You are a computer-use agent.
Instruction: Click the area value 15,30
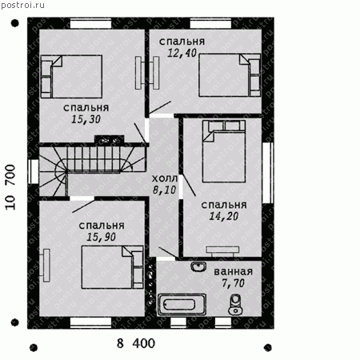[x=86, y=119]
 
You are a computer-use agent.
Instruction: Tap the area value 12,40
[x=182, y=53]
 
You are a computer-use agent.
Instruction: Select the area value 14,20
[x=224, y=216]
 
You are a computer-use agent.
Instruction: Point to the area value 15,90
[x=102, y=237]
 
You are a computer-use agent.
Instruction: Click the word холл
[x=165, y=178]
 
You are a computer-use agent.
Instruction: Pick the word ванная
[x=234, y=271]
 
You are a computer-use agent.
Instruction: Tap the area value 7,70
[x=234, y=283]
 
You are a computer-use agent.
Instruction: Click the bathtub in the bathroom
[x=182, y=305]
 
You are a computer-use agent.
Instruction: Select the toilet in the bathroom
[x=235, y=304]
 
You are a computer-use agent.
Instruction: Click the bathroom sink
[x=198, y=266]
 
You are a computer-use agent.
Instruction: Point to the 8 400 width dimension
[x=136, y=343]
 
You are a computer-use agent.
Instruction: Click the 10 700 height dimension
[x=10, y=187]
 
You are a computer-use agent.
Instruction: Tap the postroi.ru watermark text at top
[x=22, y=5]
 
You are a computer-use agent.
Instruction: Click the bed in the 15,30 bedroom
[x=71, y=77]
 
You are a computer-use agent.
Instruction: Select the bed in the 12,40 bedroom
[x=230, y=75]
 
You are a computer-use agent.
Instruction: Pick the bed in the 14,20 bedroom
[x=224, y=151]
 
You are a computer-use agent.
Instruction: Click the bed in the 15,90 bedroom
[x=112, y=267]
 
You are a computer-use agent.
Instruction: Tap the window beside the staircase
[x=34, y=171]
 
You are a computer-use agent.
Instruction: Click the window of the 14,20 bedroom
[x=268, y=173]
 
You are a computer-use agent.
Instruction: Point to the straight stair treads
[x=94, y=158]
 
